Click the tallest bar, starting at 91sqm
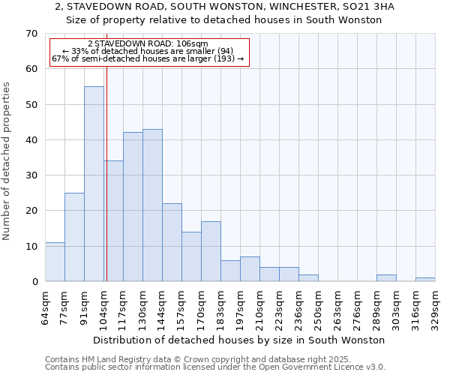tap(94, 184)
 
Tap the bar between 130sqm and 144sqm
tap(152, 205)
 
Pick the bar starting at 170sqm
tap(211, 251)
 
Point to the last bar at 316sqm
tap(425, 280)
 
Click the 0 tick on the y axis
tap(34, 282)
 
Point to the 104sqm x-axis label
tap(103, 306)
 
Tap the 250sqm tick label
tap(318, 306)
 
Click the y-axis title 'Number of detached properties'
tap(7, 161)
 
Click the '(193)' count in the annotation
tap(223, 58)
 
